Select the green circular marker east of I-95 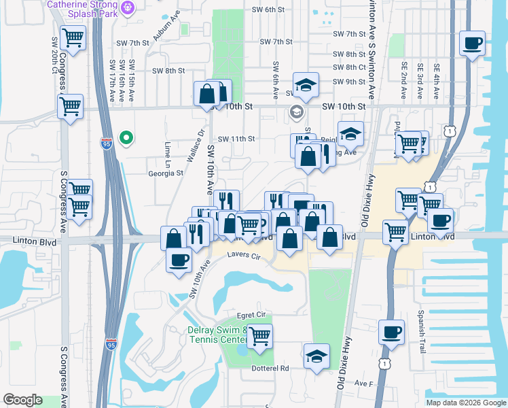click(126, 139)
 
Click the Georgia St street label click(166, 173)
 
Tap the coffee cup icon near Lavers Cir click(179, 260)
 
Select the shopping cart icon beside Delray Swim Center click(259, 335)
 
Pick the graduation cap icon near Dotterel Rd click(316, 357)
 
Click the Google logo click(22, 400)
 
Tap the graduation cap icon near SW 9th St click(306, 85)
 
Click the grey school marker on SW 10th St click(296, 111)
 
